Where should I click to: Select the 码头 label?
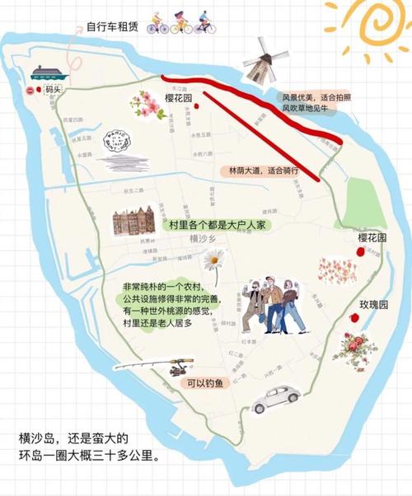(54, 88)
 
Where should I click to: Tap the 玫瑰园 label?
(372, 304)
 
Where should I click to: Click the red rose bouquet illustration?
(356, 349)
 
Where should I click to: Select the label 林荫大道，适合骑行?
(263, 171)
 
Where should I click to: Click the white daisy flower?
(213, 261)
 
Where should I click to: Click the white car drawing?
(275, 398)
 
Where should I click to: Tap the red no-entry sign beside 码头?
(30, 89)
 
